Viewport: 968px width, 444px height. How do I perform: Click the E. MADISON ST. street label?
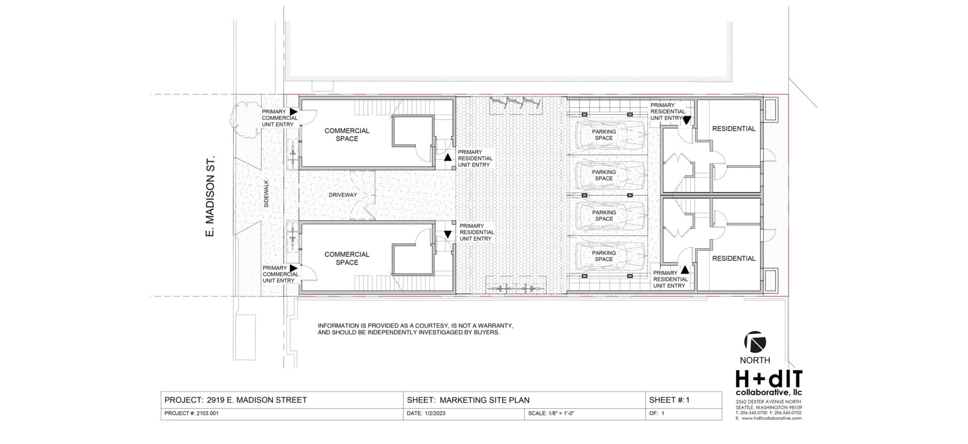click(x=211, y=196)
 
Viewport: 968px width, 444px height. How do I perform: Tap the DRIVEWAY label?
click(x=343, y=195)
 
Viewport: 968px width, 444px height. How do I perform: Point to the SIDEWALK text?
click(x=266, y=194)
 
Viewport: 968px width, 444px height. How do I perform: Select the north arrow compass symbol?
click(x=755, y=342)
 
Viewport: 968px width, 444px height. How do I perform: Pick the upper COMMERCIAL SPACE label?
click(x=347, y=135)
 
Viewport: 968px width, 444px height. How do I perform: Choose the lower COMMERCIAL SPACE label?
click(x=347, y=258)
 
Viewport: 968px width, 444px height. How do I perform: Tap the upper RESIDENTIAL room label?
click(x=734, y=129)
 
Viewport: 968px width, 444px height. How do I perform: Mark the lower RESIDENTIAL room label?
click(x=734, y=258)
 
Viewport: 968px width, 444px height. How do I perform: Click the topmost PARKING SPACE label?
click(x=603, y=135)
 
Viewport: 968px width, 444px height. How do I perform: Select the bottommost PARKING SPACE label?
click(x=603, y=256)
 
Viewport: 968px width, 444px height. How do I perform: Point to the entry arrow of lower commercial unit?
click(x=293, y=268)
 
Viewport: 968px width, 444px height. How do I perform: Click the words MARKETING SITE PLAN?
click(x=485, y=400)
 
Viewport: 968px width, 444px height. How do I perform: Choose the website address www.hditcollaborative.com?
click(x=771, y=418)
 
